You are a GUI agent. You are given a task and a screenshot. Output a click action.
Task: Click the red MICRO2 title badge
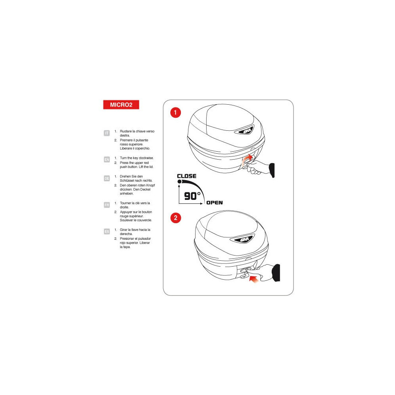click(121, 105)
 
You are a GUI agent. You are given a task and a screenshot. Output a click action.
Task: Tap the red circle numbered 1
click(176, 113)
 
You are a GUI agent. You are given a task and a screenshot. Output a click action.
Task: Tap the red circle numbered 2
click(176, 218)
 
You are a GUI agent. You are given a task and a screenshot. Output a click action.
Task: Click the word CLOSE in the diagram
click(187, 176)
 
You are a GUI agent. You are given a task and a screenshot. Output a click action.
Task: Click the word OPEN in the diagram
click(214, 203)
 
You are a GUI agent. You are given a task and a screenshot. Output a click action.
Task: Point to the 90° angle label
click(192, 196)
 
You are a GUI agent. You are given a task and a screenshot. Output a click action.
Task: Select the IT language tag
click(107, 133)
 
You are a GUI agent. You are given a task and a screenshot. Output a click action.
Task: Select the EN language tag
click(107, 160)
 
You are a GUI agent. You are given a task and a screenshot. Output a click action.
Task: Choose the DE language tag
click(107, 179)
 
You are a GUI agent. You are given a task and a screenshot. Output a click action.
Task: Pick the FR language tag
click(107, 205)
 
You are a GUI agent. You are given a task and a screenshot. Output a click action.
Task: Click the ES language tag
click(107, 231)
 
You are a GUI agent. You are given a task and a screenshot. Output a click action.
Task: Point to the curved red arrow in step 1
click(247, 160)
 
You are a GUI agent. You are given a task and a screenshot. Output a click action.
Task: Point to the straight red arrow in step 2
click(254, 279)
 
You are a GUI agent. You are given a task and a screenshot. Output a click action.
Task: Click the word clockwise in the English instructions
click(146, 158)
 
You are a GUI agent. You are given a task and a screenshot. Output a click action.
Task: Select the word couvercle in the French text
click(144, 220)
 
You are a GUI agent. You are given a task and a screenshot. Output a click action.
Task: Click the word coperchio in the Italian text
click(142, 149)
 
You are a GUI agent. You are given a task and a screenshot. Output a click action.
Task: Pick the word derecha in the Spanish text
click(126, 234)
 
